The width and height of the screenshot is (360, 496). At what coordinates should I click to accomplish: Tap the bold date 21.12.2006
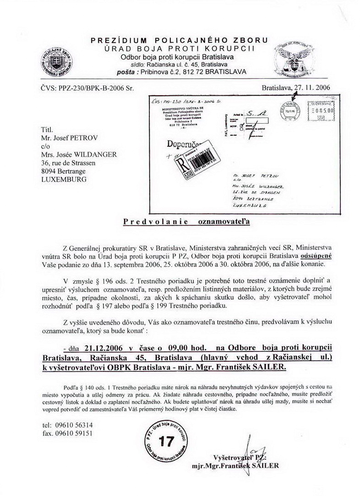coord(114,348)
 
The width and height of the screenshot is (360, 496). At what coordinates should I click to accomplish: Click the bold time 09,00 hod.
coord(182,348)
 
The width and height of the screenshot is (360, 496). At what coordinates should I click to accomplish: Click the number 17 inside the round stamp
coord(166,442)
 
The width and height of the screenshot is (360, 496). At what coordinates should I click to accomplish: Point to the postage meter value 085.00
coord(323,110)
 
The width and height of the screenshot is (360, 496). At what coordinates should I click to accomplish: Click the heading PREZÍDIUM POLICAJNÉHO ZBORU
coord(180,40)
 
